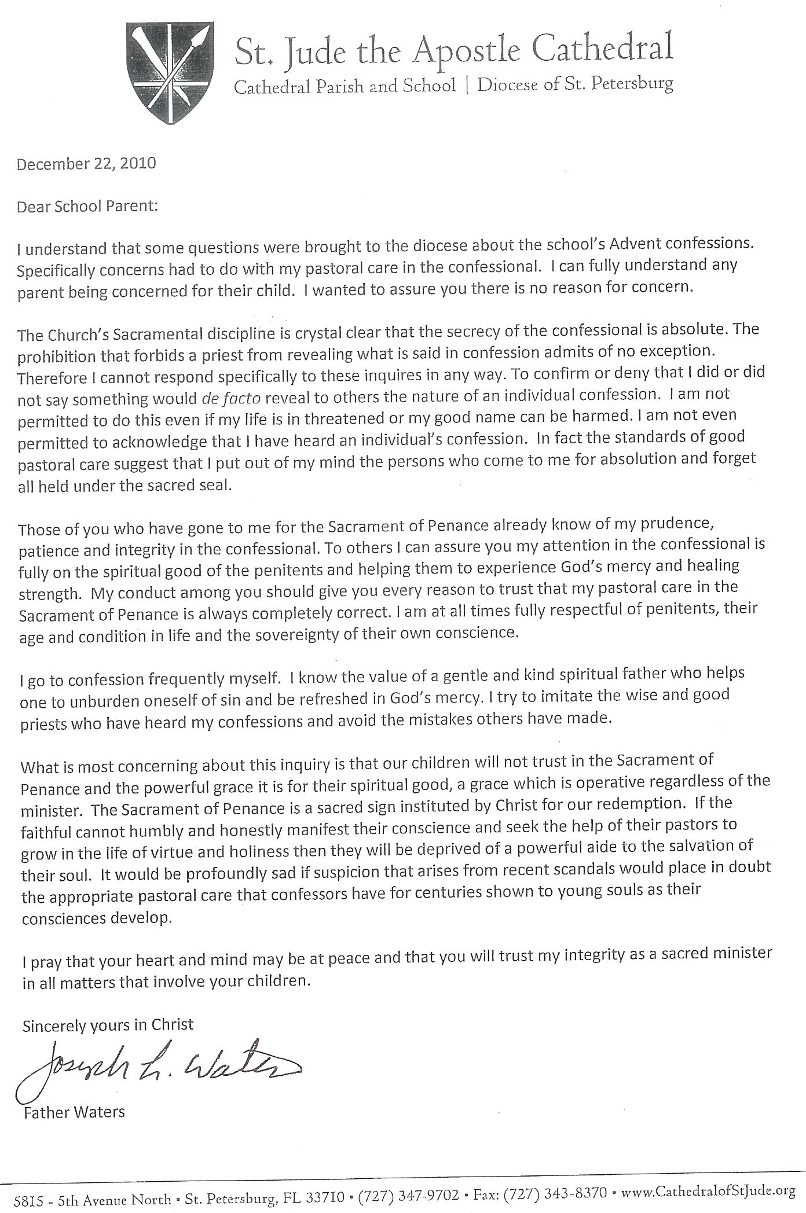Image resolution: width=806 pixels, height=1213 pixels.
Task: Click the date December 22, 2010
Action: [x=86, y=164]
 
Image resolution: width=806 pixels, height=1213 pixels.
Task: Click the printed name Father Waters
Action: [x=74, y=1112]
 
